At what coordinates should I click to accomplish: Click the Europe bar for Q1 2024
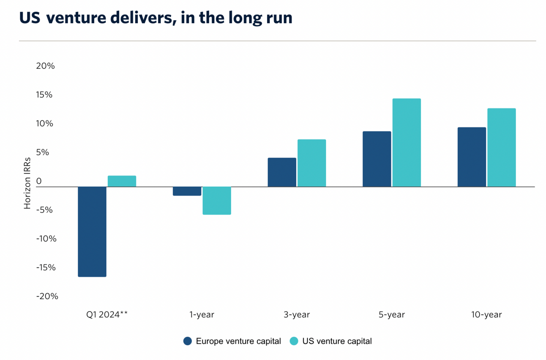pyautogui.click(x=92, y=232)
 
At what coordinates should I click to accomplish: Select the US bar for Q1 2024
pyautogui.click(x=122, y=181)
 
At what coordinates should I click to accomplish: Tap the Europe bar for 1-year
pyautogui.click(x=187, y=191)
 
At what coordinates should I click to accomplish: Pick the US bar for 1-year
pyautogui.click(x=217, y=201)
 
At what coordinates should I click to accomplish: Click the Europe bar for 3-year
pyautogui.click(x=282, y=172)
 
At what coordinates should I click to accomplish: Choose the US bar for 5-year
pyautogui.click(x=407, y=143)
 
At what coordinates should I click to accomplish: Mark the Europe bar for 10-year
pyautogui.click(x=472, y=157)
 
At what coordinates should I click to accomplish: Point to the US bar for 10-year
pyautogui.click(x=501, y=147)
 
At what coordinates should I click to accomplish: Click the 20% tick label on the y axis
pyautogui.click(x=46, y=66)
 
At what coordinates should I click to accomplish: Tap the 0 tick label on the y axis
pyautogui.click(x=39, y=181)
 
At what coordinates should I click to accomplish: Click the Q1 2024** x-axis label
pyautogui.click(x=107, y=315)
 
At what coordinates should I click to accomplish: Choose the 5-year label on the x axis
pyautogui.click(x=392, y=315)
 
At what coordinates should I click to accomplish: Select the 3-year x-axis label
pyautogui.click(x=297, y=315)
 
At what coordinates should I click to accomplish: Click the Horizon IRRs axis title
pyautogui.click(x=27, y=181)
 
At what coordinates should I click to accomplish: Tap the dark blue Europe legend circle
pyautogui.click(x=188, y=341)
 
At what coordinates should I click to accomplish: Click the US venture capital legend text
pyautogui.click(x=337, y=341)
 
